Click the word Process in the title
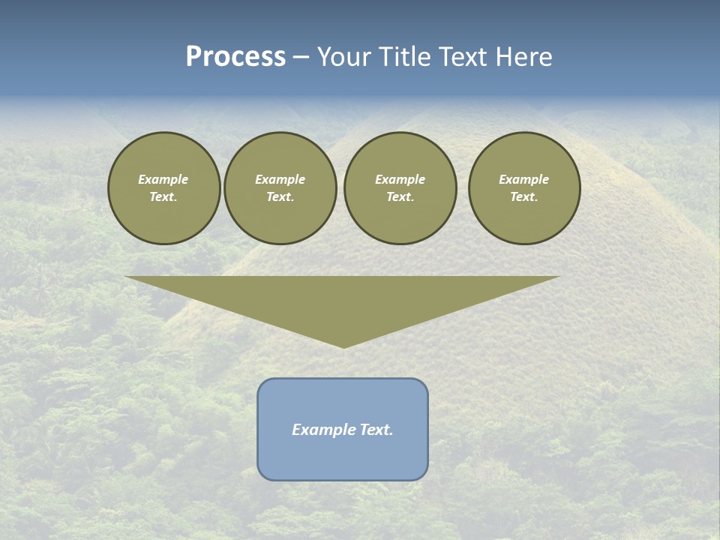pos(235,57)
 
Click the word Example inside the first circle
pos(163,179)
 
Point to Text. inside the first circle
pos(163,196)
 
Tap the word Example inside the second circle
pos(280,179)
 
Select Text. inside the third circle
pos(400,196)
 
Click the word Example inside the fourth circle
pos(523,179)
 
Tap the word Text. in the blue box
pos(375,430)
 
